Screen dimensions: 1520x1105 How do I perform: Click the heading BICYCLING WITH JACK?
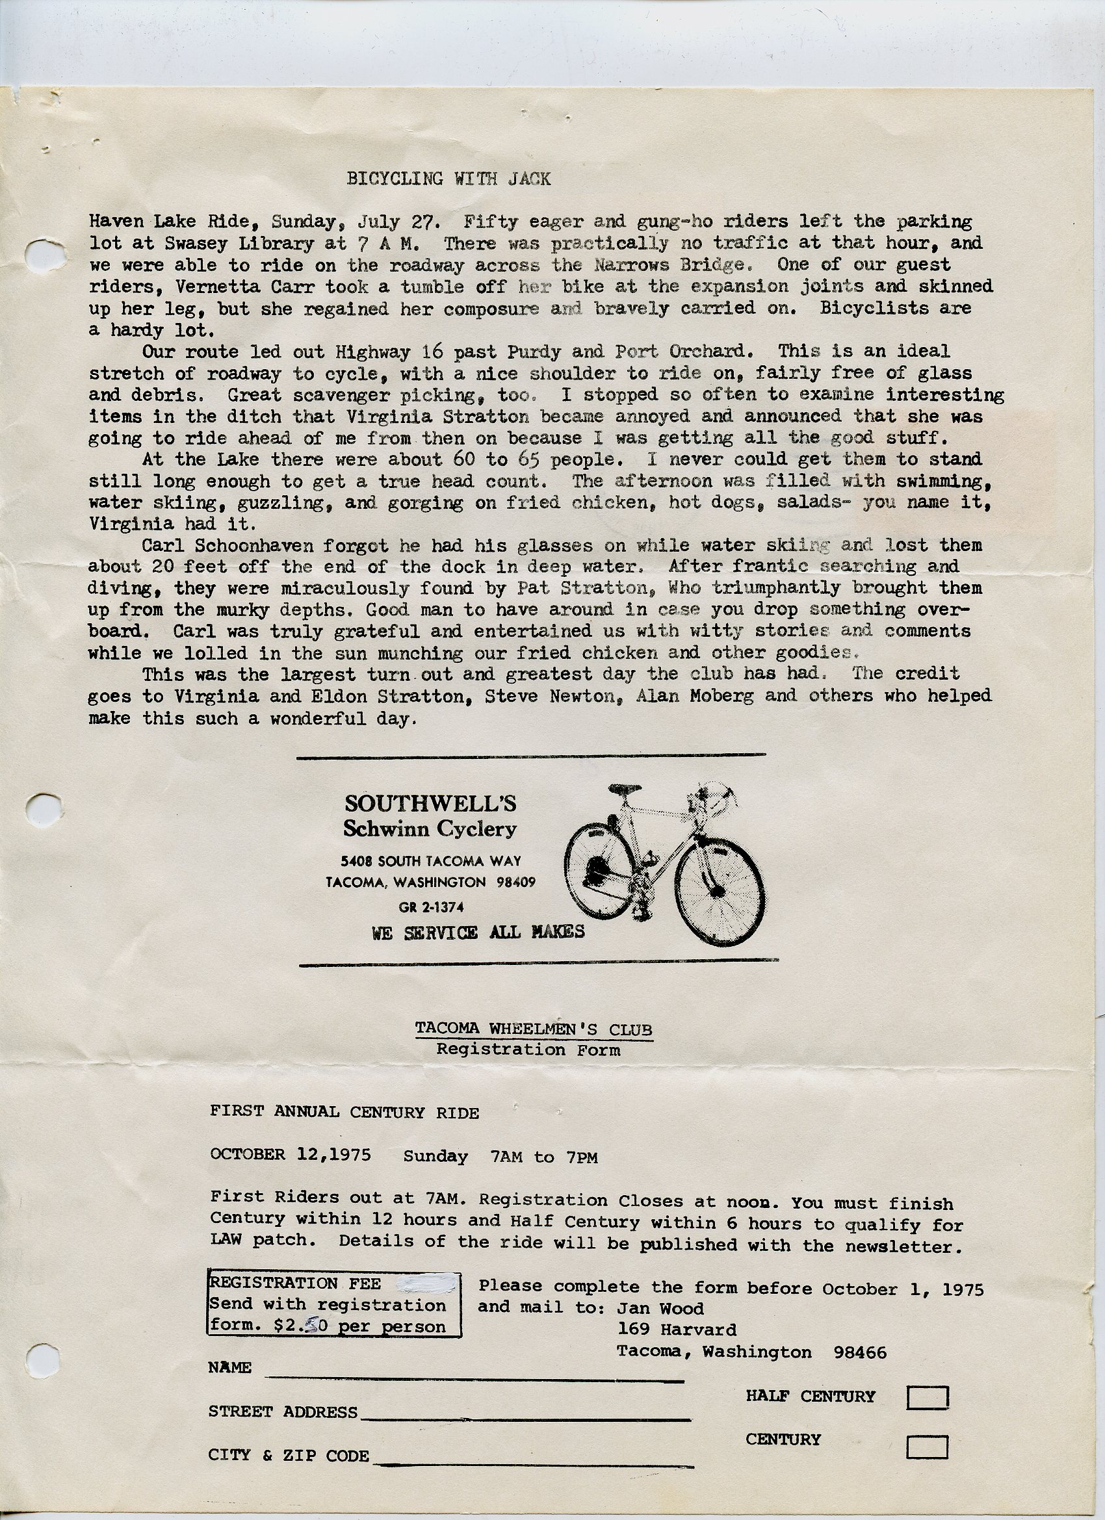448,179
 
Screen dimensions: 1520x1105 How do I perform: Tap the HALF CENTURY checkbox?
927,1397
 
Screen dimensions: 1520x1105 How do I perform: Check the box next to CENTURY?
927,1447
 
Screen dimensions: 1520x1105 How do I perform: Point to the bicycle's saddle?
623,790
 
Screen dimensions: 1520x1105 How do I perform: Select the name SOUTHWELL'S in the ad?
430,804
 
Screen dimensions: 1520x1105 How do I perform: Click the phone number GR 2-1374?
430,907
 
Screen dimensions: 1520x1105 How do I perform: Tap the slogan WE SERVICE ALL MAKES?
478,933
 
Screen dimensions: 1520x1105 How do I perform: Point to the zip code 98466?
859,1352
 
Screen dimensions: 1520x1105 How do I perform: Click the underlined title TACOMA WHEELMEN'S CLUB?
533,1029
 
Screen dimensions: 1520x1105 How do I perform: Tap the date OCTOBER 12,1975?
290,1154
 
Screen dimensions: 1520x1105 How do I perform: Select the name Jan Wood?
660,1308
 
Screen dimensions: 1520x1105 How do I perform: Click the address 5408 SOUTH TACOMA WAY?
430,861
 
